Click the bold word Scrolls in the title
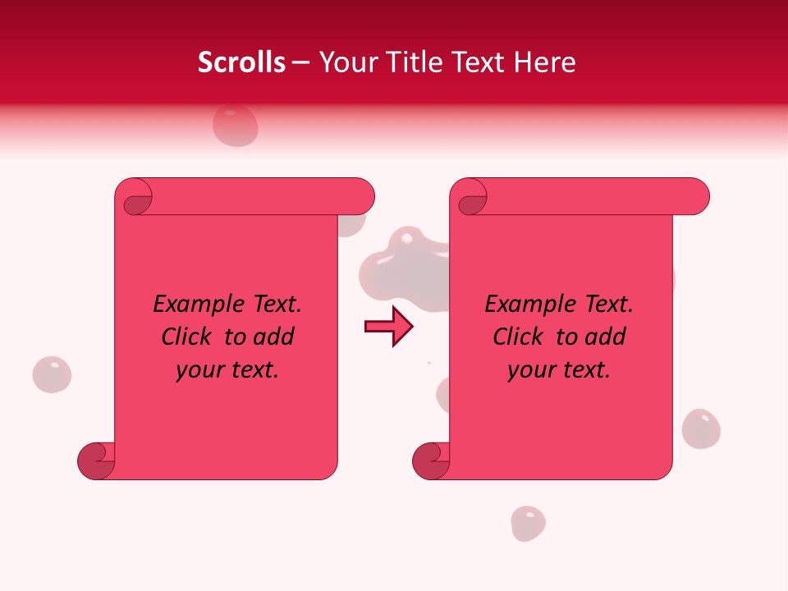pyautogui.click(x=241, y=62)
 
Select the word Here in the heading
pyautogui.click(x=545, y=62)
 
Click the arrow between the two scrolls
pyautogui.click(x=388, y=327)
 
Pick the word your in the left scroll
pyautogui.click(x=196, y=370)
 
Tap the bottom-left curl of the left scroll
pyautogui.click(x=97, y=460)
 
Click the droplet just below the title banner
pyautogui.click(x=236, y=126)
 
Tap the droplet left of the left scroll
pyautogui.click(x=52, y=374)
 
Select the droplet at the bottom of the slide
pyautogui.click(x=528, y=523)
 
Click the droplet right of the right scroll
pyautogui.click(x=701, y=428)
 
